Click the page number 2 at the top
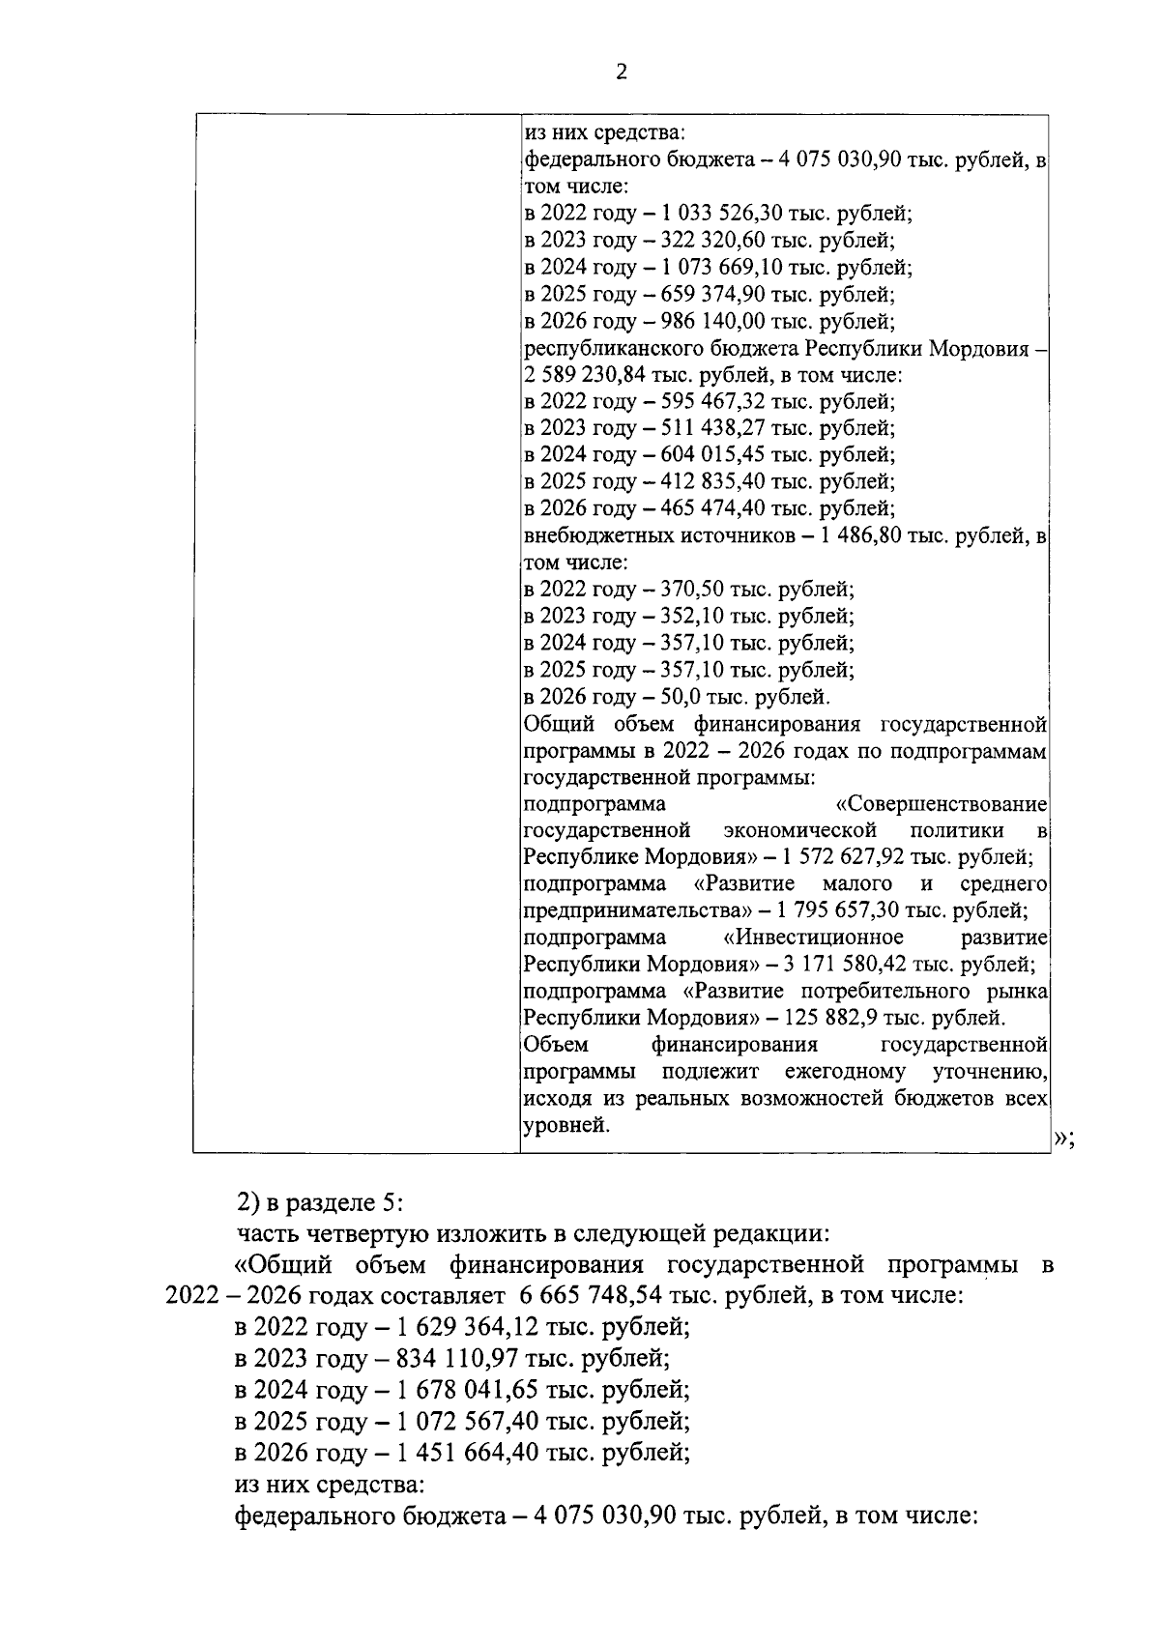tap(622, 72)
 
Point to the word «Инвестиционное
tap(813, 938)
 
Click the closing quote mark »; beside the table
tap(1062, 1140)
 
